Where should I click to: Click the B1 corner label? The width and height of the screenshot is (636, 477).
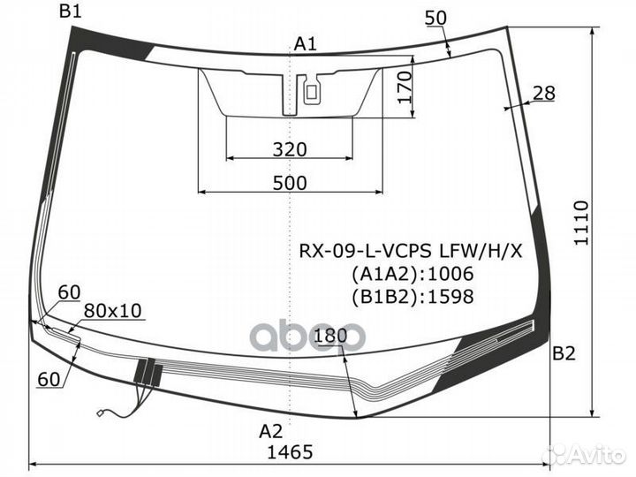(x=70, y=11)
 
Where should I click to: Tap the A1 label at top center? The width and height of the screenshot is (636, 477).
(x=305, y=43)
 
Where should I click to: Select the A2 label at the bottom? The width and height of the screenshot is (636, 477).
(x=270, y=431)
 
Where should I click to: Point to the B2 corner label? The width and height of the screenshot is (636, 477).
(x=564, y=354)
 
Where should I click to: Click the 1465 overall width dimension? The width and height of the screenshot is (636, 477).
(x=290, y=452)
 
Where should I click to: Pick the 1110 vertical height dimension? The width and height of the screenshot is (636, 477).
(x=581, y=223)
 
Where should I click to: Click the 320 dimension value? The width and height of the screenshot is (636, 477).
(x=290, y=149)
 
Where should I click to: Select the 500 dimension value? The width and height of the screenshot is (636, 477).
(x=290, y=184)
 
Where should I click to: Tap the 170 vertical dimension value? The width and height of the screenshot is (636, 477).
(x=405, y=87)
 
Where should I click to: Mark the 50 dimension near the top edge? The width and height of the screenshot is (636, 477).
(x=436, y=18)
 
